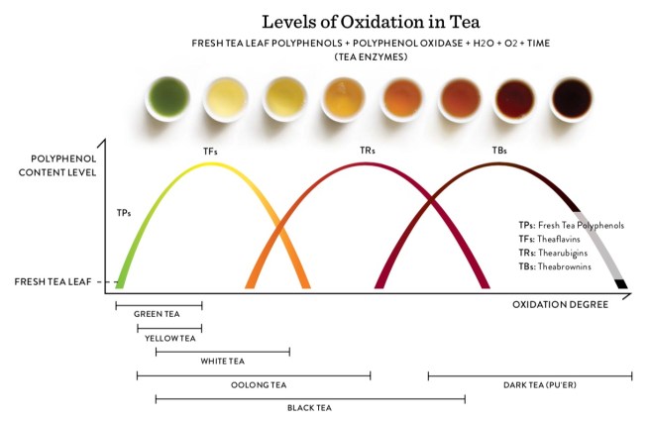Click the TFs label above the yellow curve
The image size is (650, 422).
[211, 152]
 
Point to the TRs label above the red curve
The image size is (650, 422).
[369, 152]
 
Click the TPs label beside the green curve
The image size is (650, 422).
[124, 212]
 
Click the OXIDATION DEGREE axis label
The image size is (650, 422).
[560, 304]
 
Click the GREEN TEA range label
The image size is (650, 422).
[157, 314]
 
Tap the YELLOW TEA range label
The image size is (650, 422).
[170, 338]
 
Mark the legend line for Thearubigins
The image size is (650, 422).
[560, 253]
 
